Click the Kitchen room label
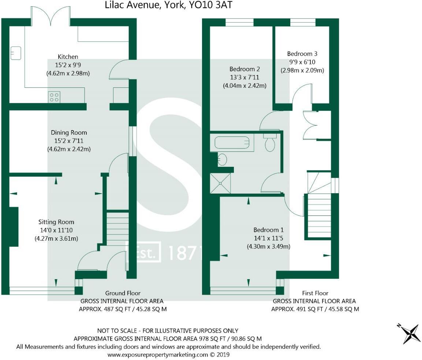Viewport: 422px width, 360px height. coord(68,57)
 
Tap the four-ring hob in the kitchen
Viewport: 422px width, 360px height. coord(54,97)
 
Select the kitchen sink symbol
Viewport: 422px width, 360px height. coord(16,53)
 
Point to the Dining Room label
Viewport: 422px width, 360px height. coord(69,132)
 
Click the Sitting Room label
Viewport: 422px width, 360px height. coord(56,222)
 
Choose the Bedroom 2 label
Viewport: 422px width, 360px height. coord(244,69)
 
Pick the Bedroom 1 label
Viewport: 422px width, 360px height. coord(269,230)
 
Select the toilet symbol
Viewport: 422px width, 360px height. coord(270,142)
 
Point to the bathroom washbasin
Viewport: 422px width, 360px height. coord(222,160)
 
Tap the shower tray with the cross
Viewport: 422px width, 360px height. coord(221,183)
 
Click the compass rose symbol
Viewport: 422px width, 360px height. coord(409,333)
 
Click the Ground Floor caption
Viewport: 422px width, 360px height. coord(123,293)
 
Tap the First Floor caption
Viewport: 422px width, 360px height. coord(315,293)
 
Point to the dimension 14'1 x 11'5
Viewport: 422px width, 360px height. coord(268,238)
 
